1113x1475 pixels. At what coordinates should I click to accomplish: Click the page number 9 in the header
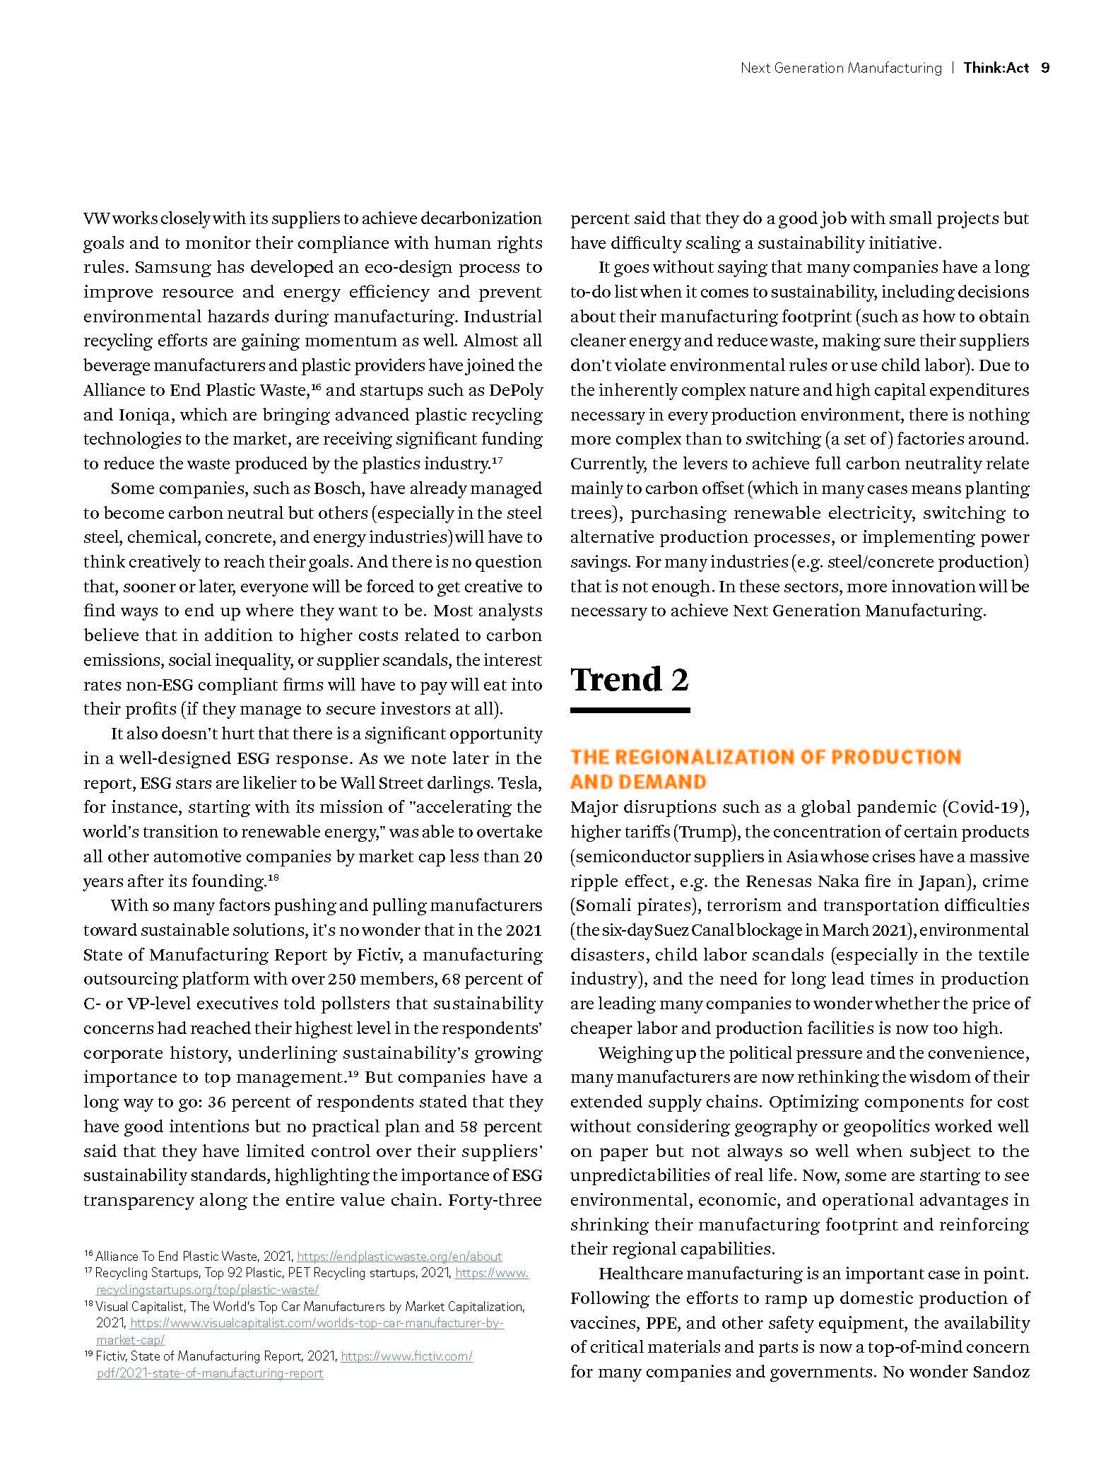pyautogui.click(x=1045, y=68)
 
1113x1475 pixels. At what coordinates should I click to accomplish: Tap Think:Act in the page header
pyautogui.click(x=996, y=68)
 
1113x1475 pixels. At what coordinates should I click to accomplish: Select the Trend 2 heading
pyautogui.click(x=629, y=680)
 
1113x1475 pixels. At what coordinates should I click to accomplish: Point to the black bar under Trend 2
pyautogui.click(x=630, y=710)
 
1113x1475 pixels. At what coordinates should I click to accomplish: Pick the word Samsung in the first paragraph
pyautogui.click(x=172, y=267)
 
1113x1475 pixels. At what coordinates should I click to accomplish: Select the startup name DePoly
pyautogui.click(x=516, y=390)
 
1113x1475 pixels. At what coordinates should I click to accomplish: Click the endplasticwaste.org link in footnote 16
pyautogui.click(x=399, y=1256)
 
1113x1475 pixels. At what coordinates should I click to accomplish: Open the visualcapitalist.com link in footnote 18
pyautogui.click(x=317, y=1322)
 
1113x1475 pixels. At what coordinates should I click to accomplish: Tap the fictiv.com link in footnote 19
pyautogui.click(x=406, y=1356)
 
